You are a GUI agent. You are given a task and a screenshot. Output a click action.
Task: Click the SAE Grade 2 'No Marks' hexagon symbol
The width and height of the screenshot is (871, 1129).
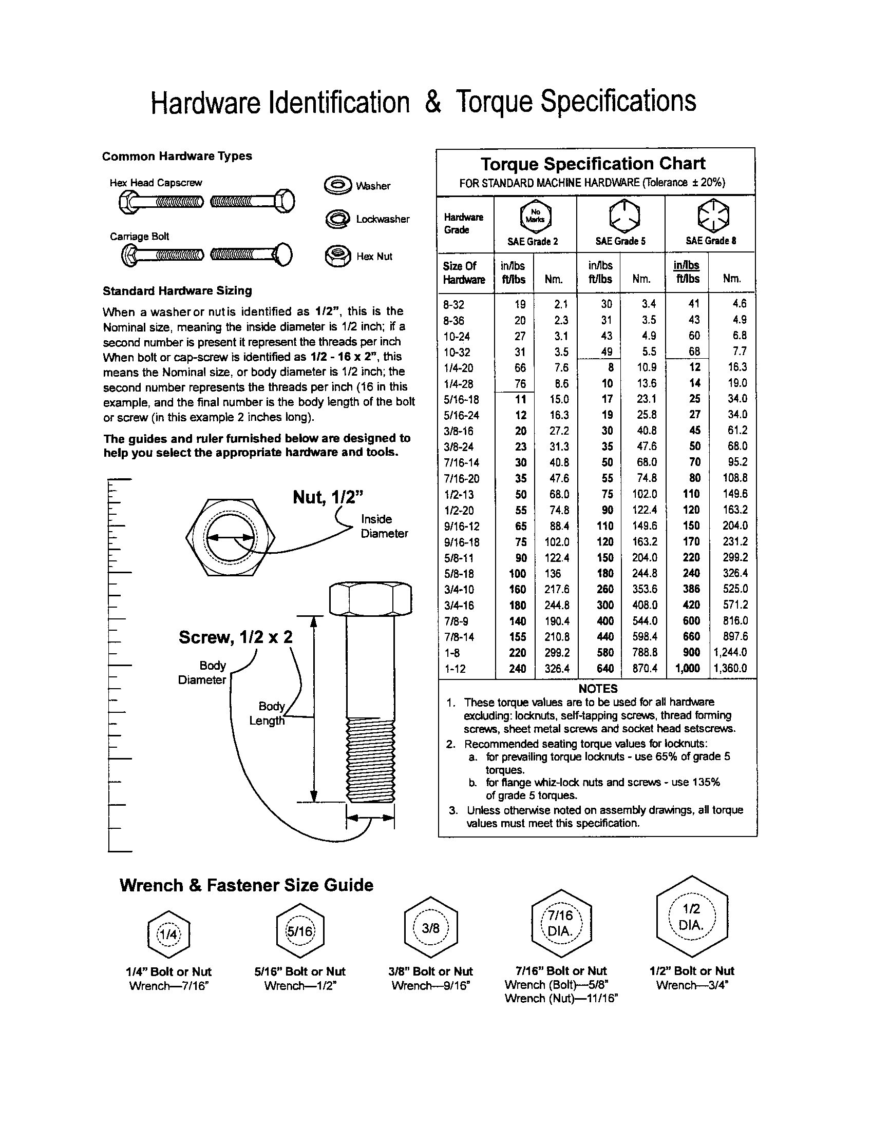click(x=535, y=216)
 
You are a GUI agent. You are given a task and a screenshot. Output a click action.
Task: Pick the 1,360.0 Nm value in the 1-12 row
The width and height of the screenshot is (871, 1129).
click(x=730, y=668)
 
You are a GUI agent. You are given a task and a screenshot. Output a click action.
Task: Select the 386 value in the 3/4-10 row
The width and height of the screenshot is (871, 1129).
click(x=691, y=589)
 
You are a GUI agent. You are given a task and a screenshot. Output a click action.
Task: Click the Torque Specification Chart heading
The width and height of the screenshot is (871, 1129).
click(x=593, y=164)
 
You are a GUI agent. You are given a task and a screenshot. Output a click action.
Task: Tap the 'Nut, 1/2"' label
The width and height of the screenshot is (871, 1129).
click(x=328, y=497)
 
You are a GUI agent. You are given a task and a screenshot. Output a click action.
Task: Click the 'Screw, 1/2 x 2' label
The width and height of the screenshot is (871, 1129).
click(x=235, y=637)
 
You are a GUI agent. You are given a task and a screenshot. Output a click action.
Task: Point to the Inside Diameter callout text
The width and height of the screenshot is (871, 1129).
click(x=384, y=526)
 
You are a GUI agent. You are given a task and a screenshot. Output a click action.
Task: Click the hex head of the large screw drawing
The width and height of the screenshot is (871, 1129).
click(x=370, y=599)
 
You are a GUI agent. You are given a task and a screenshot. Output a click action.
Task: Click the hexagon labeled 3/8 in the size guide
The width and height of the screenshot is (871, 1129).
click(x=430, y=929)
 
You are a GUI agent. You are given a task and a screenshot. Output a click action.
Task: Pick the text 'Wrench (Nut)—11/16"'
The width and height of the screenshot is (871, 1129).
click(x=561, y=998)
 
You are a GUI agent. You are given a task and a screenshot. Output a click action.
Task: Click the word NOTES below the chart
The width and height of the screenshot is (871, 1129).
click(x=598, y=689)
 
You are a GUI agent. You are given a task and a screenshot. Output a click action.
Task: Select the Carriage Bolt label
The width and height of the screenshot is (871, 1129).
click(x=139, y=236)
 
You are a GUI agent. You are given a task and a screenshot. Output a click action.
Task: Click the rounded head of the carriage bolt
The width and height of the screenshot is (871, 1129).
click(x=284, y=255)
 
